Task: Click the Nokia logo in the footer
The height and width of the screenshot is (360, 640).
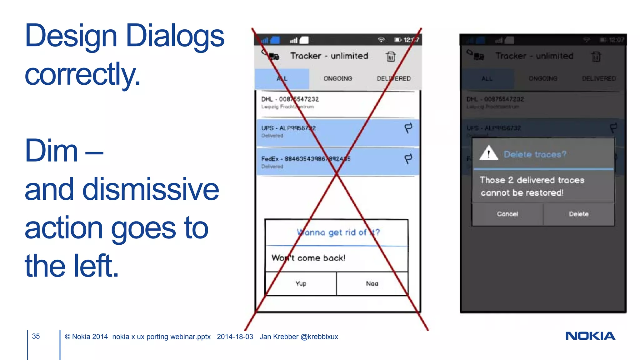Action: click(590, 336)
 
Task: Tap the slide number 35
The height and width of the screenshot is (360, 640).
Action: click(36, 336)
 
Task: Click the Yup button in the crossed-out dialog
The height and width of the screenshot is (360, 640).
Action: click(301, 283)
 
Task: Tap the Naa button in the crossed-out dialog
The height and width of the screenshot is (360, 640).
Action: click(372, 283)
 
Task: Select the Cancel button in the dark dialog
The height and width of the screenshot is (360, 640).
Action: click(507, 214)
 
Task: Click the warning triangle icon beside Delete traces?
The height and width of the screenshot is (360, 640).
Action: click(488, 153)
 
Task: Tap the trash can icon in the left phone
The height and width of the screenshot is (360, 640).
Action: click(391, 57)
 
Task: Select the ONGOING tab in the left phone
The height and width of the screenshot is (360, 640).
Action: click(338, 78)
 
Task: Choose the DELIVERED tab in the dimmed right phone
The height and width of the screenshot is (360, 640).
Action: click(599, 78)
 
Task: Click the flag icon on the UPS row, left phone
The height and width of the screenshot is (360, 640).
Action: click(408, 128)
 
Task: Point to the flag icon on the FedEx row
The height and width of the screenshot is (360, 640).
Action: click(408, 159)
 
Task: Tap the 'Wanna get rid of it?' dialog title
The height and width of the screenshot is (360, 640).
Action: click(338, 232)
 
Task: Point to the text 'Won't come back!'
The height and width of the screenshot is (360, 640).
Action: click(308, 258)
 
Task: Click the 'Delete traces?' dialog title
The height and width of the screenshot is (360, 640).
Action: click(535, 154)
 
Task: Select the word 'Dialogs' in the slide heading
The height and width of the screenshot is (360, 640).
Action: click(175, 36)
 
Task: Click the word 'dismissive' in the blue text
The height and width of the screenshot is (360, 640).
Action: click(151, 189)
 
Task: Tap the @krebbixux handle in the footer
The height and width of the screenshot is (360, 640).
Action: click(319, 337)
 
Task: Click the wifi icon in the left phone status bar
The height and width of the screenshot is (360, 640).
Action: click(381, 40)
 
